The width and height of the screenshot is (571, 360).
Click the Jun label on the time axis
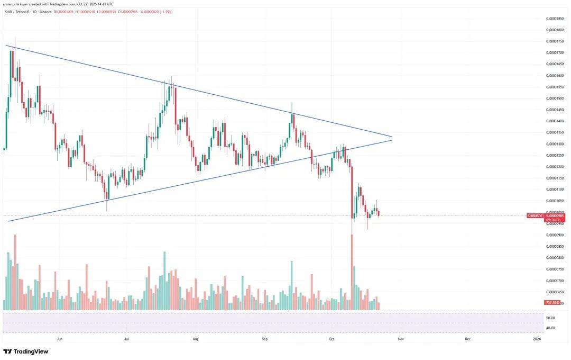point(60,338)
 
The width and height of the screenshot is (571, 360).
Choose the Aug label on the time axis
point(196,338)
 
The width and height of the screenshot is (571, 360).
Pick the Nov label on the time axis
point(400,338)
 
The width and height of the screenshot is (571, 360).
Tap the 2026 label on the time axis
point(537,338)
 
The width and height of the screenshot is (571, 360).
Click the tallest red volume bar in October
point(351,270)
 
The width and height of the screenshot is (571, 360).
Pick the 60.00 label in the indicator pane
point(550,318)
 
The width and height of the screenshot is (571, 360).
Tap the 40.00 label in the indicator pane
point(550,328)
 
